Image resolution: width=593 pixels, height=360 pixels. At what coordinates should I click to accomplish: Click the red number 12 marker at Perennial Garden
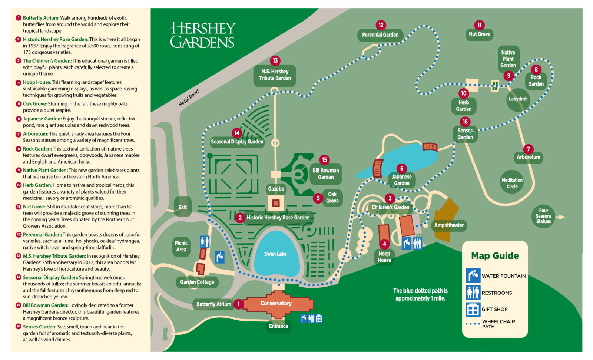click(381, 25)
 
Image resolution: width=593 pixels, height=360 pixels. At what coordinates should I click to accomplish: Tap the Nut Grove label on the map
click(479, 34)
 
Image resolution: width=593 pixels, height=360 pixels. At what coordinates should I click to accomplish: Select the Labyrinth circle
click(518, 99)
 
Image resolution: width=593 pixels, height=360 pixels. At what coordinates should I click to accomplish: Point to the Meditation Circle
click(512, 183)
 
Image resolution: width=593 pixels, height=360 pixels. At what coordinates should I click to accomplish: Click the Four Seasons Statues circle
click(543, 216)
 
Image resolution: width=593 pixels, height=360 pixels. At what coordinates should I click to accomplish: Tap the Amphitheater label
click(449, 225)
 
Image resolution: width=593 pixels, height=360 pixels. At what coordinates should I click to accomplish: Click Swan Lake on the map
click(275, 254)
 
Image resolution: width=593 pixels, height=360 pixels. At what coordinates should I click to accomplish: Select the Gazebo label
click(276, 189)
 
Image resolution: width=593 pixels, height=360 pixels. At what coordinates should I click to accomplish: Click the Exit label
click(183, 207)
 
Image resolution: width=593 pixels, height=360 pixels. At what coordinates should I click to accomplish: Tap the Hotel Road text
click(189, 98)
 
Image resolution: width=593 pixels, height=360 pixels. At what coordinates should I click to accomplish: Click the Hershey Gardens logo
click(202, 35)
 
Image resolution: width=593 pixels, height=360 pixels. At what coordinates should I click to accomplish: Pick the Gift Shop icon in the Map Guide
click(473, 309)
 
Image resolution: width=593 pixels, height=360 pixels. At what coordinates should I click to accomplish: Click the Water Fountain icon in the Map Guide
click(473, 275)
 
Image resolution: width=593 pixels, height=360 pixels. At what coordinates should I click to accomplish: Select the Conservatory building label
click(276, 303)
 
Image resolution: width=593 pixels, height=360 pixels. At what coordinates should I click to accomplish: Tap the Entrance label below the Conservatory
click(278, 326)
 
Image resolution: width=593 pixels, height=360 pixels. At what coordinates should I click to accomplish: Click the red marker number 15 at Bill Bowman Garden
click(324, 160)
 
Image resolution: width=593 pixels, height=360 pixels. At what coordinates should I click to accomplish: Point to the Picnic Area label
click(181, 246)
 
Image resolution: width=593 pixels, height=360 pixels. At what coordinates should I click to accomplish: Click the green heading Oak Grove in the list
click(34, 104)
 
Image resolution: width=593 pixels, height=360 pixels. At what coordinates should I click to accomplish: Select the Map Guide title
click(495, 256)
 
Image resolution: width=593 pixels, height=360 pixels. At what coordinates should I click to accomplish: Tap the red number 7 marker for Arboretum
click(528, 149)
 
